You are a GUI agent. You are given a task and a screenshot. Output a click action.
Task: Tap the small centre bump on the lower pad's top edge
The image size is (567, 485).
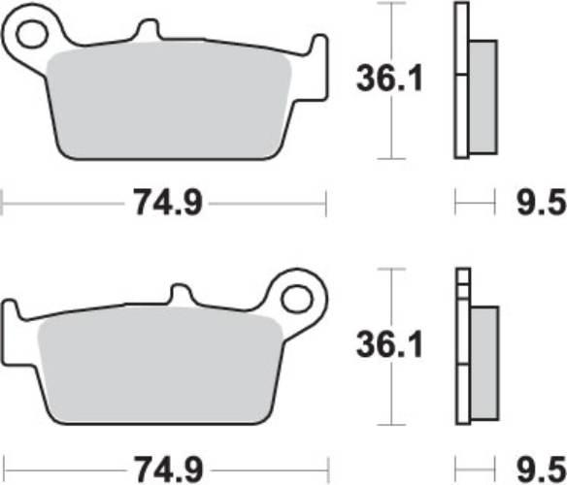(x=182, y=294)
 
